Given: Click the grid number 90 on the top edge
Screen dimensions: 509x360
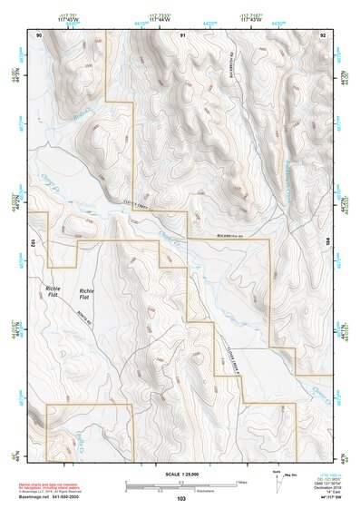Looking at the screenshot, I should pos(39,34).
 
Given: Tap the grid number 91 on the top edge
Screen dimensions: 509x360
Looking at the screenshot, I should pos(182,34).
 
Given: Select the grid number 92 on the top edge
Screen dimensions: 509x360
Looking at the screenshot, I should pos(324,34).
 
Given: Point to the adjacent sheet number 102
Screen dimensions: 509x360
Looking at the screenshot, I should pos(32,243).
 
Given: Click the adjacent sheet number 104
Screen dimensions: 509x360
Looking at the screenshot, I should pos(329,243).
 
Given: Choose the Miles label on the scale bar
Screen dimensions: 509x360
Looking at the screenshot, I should pos(240,481).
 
